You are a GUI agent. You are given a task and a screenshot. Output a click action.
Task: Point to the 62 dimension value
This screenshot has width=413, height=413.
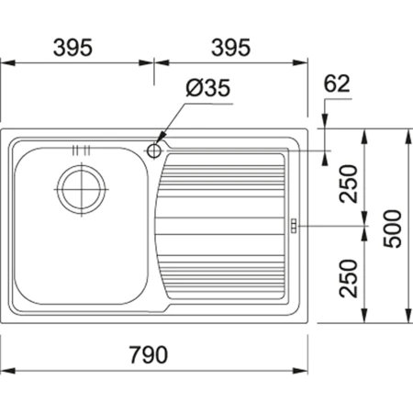pyautogui.click(x=337, y=84)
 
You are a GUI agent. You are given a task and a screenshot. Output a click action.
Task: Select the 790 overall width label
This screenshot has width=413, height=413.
pyautogui.click(x=154, y=354)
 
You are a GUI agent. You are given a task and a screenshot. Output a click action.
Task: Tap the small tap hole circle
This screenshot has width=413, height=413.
pyautogui.click(x=153, y=149)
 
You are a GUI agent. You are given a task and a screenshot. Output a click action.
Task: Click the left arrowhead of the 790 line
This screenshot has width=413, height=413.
pyautogui.click(x=6, y=370)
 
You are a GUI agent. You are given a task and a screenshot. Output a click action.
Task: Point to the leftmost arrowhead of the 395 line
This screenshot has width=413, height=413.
pyautogui.click(x=6, y=63)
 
